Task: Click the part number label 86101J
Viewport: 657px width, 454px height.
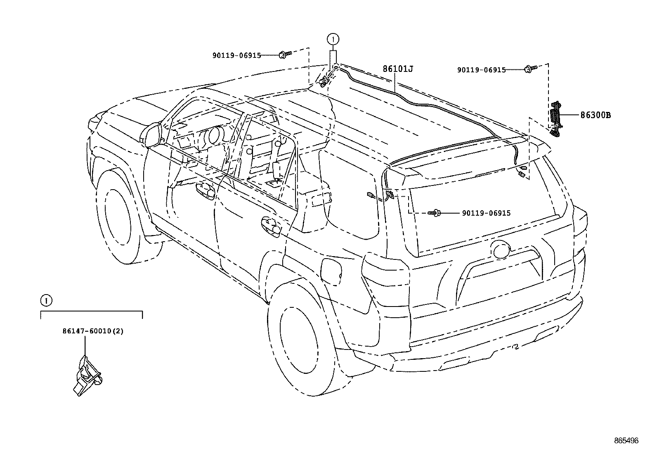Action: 397,69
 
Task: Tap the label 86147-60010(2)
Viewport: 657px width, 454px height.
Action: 93,331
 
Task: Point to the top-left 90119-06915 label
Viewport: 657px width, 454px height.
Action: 236,55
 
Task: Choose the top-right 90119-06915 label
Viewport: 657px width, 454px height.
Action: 481,70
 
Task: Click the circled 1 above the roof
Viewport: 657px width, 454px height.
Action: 333,40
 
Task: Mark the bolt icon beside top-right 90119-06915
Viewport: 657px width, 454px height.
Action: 530,69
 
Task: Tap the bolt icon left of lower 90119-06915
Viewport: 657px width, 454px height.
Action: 435,213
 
